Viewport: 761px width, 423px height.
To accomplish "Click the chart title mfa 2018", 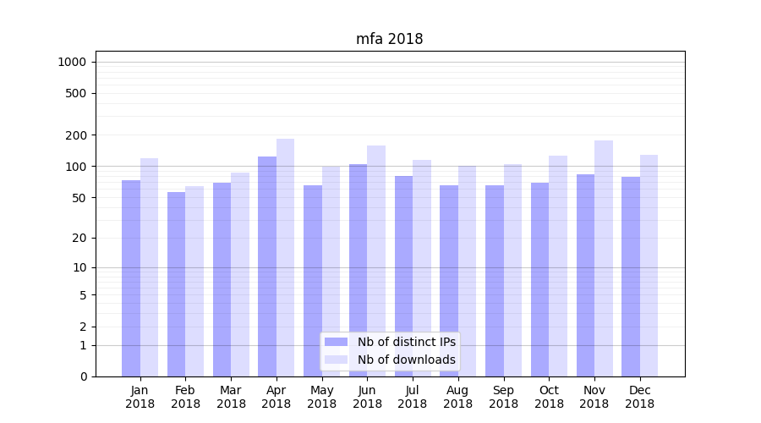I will click(x=389, y=39).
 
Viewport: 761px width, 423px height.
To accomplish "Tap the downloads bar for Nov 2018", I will click(x=604, y=258).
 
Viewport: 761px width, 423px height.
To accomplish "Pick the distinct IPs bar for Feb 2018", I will click(x=176, y=284).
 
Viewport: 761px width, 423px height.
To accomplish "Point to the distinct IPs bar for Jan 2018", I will click(x=131, y=278).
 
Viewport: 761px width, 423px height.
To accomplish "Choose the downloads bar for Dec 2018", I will click(x=649, y=266).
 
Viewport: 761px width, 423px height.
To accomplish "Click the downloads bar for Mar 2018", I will click(x=240, y=274).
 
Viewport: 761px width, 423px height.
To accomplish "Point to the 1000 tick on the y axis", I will click(x=72, y=62).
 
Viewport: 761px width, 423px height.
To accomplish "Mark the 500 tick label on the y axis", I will click(x=75, y=93).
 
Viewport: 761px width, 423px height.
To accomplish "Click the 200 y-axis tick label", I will click(x=75, y=135).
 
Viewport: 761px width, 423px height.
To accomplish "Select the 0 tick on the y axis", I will click(x=83, y=376).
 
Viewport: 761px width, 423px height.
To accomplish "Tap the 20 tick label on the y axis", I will click(x=79, y=238).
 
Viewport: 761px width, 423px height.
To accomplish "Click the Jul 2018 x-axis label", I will click(x=413, y=397).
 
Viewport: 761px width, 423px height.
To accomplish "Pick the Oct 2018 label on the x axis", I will click(x=549, y=397).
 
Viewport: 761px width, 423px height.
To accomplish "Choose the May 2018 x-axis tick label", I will click(x=322, y=397).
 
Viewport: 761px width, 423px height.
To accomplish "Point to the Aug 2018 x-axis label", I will click(x=458, y=397).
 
